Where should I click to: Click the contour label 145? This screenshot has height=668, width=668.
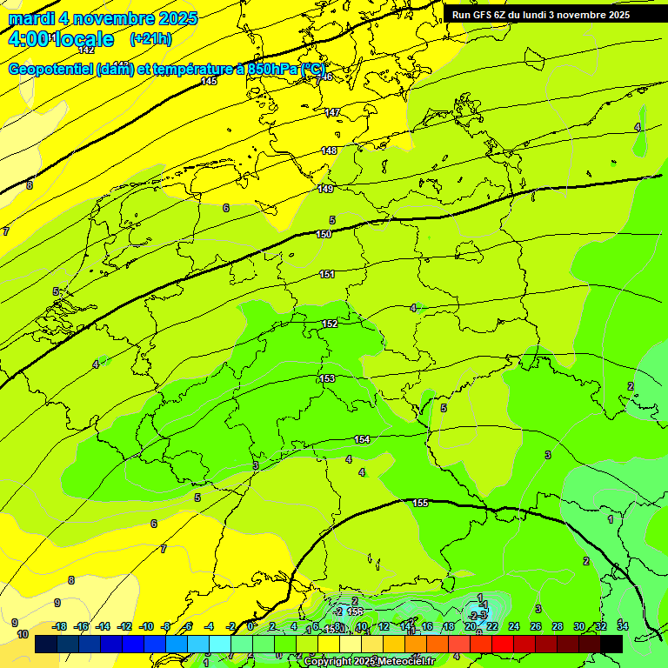(209, 81)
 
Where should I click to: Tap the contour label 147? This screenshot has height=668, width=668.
(332, 113)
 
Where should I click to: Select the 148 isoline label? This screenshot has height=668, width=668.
(329, 150)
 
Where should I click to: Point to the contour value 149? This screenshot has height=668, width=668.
(325, 189)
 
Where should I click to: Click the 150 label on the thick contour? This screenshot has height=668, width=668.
(324, 234)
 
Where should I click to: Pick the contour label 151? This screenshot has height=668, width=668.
(327, 274)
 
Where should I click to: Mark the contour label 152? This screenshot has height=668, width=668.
(330, 324)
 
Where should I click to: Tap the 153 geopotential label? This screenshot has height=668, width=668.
(327, 378)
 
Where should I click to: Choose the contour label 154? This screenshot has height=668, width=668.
(362, 439)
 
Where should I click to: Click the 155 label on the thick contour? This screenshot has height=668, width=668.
(420, 503)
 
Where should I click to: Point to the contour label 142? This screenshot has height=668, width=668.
(86, 50)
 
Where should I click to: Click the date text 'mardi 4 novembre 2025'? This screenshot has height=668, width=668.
(103, 18)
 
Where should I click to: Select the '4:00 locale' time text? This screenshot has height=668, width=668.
(61, 39)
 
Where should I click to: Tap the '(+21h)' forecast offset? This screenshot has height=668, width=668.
(150, 39)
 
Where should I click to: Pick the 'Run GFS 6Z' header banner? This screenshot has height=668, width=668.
(540, 15)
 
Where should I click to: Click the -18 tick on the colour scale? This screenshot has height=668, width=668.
(60, 626)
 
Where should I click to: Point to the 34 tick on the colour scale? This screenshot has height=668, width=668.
(622, 626)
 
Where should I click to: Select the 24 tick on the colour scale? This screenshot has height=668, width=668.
(514, 626)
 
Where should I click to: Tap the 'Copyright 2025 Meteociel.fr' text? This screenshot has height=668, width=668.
(370, 662)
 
